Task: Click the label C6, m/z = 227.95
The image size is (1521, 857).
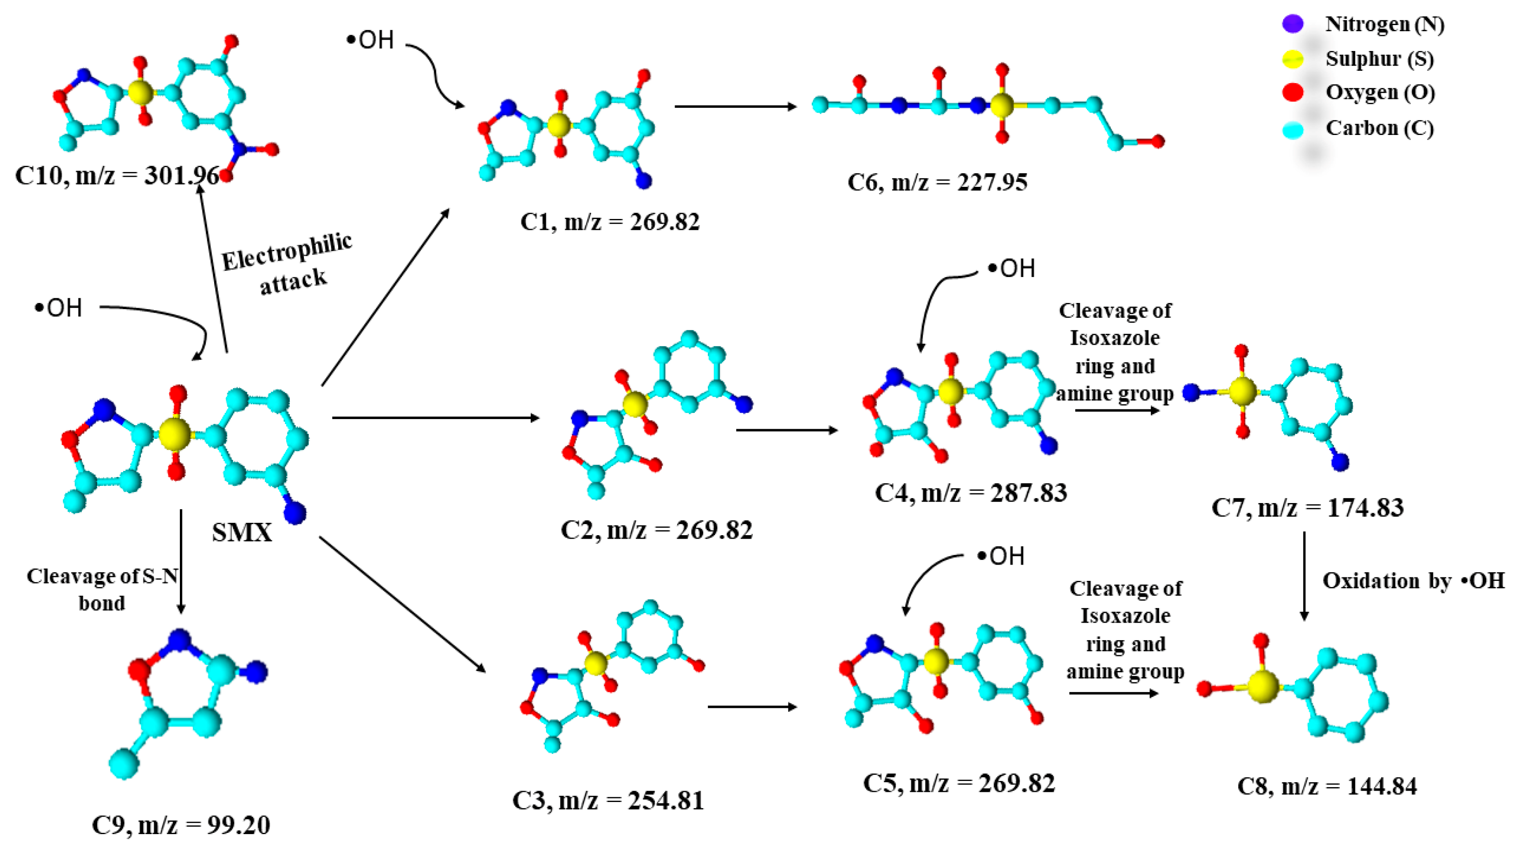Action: (937, 182)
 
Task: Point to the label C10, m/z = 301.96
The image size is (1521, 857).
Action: (117, 175)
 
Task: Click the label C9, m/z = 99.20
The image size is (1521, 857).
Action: (181, 825)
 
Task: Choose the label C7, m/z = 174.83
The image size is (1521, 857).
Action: (1307, 508)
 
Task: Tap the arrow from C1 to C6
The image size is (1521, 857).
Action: (735, 107)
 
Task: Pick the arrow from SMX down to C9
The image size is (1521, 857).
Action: (181, 561)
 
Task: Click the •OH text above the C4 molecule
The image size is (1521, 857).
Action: (1011, 269)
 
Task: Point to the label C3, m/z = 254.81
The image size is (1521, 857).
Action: (608, 801)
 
